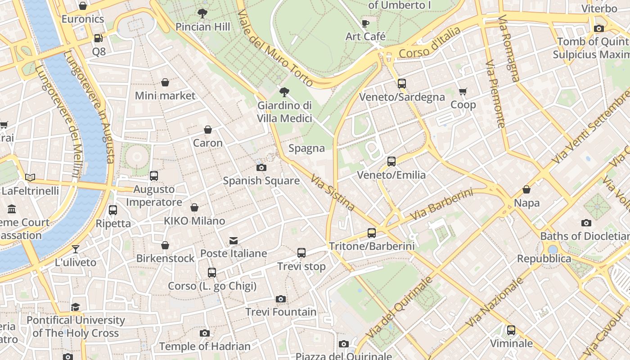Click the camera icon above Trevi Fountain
point(280,299)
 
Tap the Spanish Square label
point(261,180)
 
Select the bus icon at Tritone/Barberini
point(371,233)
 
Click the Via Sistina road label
point(333,193)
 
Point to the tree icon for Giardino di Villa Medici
point(284,92)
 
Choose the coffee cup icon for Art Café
point(365,23)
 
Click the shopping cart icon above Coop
point(463,92)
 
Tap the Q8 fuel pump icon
point(98,39)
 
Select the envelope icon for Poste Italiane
point(233,240)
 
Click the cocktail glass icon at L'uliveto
point(76,249)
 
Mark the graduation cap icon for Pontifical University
point(75,307)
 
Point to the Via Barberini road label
point(443,205)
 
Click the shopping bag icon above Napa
point(526,190)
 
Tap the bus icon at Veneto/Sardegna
point(401,83)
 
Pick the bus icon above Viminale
point(511,330)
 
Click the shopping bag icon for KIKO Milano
point(194,207)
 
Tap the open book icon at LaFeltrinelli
point(30,178)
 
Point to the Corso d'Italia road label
point(430,43)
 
